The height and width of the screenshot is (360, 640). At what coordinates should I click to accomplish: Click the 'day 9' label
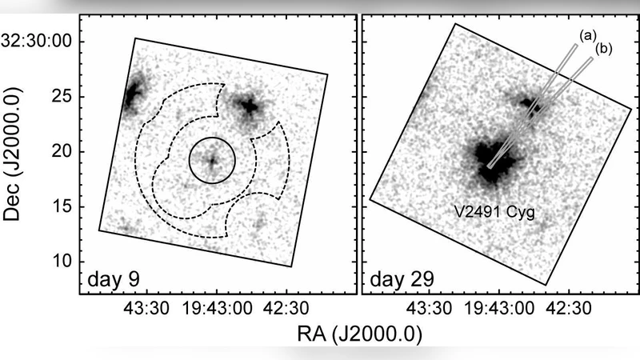pyautogui.click(x=114, y=280)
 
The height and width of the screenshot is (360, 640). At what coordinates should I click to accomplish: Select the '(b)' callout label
pyautogui.click(x=604, y=50)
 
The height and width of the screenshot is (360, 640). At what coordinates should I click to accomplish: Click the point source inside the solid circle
pyautogui.click(x=212, y=160)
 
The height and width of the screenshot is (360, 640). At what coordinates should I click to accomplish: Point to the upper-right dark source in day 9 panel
pyautogui.click(x=248, y=105)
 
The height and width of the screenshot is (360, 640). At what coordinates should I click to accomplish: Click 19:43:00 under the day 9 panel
pyautogui.click(x=212, y=308)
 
